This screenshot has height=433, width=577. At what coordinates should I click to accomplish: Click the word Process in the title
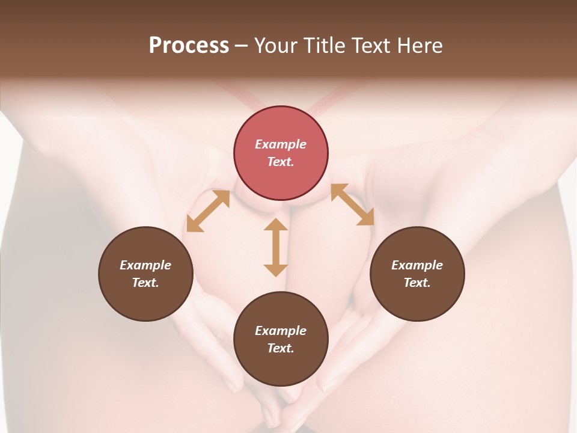coord(189,46)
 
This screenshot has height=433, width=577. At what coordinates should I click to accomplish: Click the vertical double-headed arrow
coord(276,247)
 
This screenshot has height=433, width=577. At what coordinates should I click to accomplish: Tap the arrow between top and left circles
coord(208,211)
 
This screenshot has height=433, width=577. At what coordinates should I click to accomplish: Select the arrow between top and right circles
coord(353,204)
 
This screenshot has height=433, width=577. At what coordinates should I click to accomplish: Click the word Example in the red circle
coord(281,144)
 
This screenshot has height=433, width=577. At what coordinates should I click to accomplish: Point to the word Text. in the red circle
coord(281,162)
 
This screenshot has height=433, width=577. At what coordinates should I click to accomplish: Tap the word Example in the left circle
coord(145,265)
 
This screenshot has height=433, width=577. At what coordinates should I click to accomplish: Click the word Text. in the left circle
coord(145,283)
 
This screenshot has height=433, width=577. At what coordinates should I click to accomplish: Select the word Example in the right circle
coord(417,265)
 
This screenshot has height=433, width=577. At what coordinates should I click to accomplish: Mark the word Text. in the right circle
coord(417,283)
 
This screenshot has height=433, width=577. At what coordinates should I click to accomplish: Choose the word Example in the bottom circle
coord(281,331)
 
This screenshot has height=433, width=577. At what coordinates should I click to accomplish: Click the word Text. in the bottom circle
coord(281,348)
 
